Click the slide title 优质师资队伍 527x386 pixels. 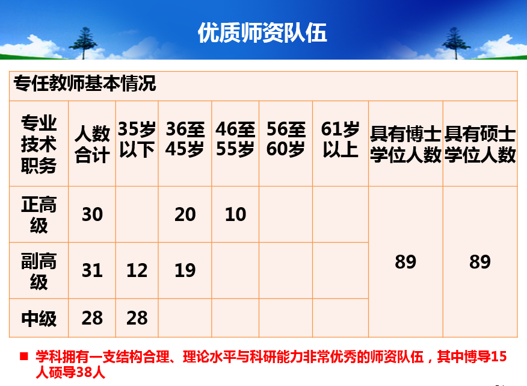point(262,33)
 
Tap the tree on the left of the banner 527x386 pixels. point(83,43)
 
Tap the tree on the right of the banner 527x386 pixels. point(456,43)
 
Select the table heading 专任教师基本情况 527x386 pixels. point(85,83)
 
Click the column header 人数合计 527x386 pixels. point(92,144)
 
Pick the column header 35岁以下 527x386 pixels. point(137,139)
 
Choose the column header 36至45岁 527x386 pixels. point(185,139)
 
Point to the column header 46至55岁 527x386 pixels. point(235,139)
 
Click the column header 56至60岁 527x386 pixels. point(286,139)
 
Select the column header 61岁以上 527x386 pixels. point(340,139)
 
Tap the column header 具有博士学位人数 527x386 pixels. point(405,144)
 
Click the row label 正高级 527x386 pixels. point(39,214)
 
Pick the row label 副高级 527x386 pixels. point(39,271)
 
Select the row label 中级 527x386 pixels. point(39,319)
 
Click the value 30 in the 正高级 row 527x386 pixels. point(92,214)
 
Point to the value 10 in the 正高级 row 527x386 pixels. point(235,214)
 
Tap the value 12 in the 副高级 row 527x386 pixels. point(137,270)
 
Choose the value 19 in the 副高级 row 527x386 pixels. point(185,270)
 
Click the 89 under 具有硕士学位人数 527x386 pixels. point(480,262)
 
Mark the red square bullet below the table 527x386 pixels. point(24,356)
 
